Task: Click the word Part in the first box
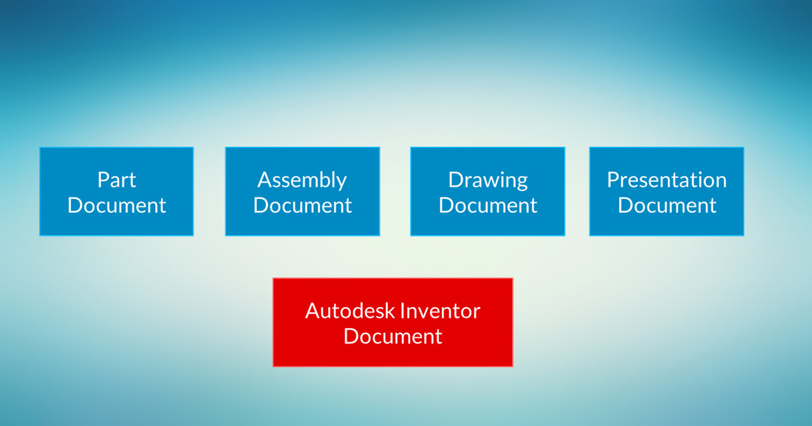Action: pyautogui.click(x=116, y=180)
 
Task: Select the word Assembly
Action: pyautogui.click(x=302, y=181)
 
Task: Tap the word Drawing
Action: pyautogui.click(x=488, y=181)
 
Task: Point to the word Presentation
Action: pyautogui.click(x=667, y=180)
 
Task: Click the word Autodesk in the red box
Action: pyautogui.click(x=349, y=311)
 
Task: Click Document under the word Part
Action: pyautogui.click(x=116, y=206)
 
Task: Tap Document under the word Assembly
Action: pyautogui.click(x=302, y=206)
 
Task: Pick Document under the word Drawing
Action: pyautogui.click(x=488, y=206)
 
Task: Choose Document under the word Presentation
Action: pyautogui.click(x=667, y=206)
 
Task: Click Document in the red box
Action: pyautogui.click(x=393, y=336)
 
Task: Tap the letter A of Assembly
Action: pyautogui.click(x=265, y=180)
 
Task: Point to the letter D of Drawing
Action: pyautogui.click(x=456, y=180)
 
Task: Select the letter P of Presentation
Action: pyautogui.click(x=613, y=180)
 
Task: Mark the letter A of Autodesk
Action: pyautogui.click(x=313, y=311)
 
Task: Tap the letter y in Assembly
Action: pyautogui.click(x=342, y=184)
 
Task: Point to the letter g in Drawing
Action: pyautogui.click(x=522, y=184)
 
